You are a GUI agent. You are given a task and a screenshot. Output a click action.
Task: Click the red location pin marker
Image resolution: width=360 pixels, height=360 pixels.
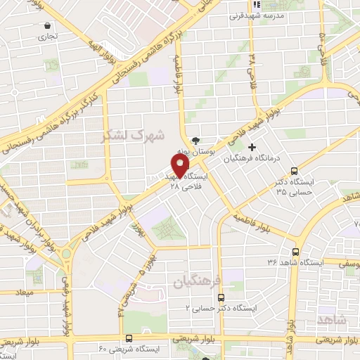(181, 164)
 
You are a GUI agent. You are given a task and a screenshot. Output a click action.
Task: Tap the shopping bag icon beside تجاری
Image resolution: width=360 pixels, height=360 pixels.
(46, 25)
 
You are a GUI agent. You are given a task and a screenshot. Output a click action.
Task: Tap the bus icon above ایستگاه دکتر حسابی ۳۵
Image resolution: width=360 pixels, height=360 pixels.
(294, 171)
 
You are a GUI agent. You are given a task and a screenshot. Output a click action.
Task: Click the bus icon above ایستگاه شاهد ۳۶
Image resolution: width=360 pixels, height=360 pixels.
(295, 251)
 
